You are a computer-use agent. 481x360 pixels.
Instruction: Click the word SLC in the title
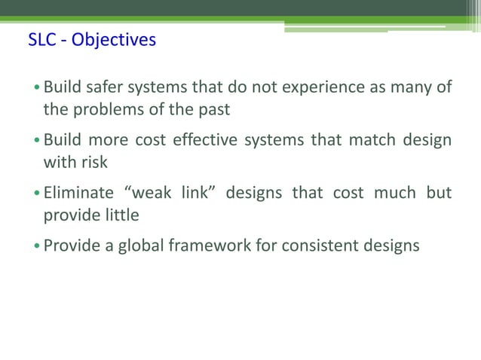click(x=41, y=38)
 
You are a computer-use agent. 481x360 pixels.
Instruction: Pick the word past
click(x=213, y=109)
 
